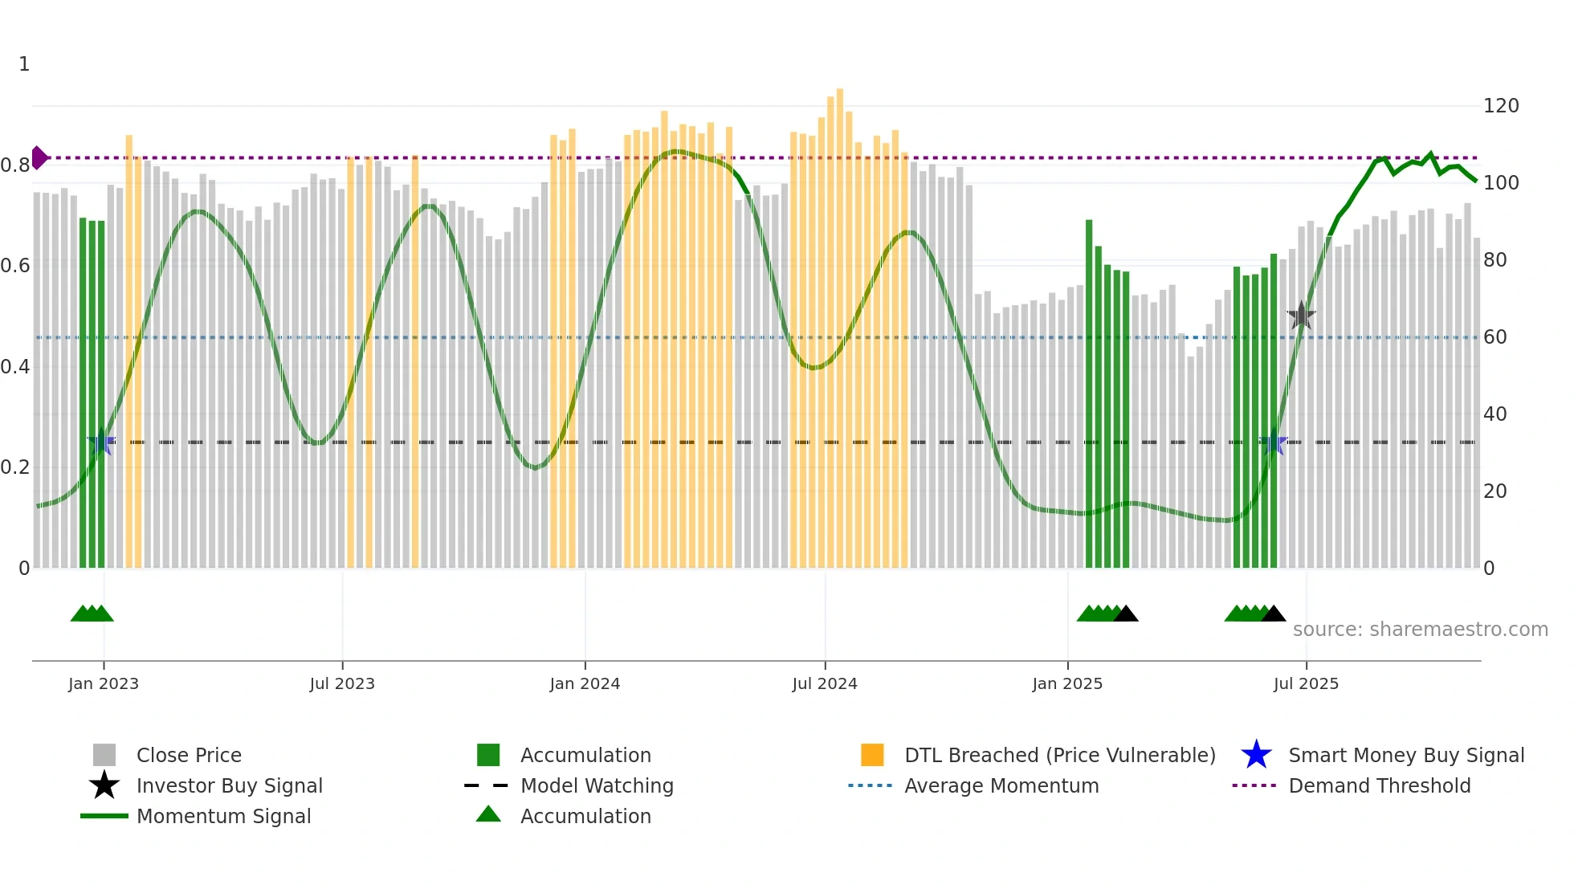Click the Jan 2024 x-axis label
(585, 683)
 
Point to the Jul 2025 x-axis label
(1306, 683)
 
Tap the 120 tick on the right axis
(1500, 106)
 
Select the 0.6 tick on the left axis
(15, 266)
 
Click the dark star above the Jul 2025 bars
(1301, 316)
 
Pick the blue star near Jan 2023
(101, 442)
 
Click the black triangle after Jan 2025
(1126, 614)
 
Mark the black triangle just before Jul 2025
(1274, 614)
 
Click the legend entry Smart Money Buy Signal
(1405, 755)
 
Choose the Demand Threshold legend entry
(1379, 785)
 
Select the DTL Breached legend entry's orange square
(872, 755)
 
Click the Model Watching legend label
(597, 785)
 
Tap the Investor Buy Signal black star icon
(104, 785)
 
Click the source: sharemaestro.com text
(1420, 629)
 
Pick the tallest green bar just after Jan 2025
(1089, 394)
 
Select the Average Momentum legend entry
(1001, 785)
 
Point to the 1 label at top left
(24, 64)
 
